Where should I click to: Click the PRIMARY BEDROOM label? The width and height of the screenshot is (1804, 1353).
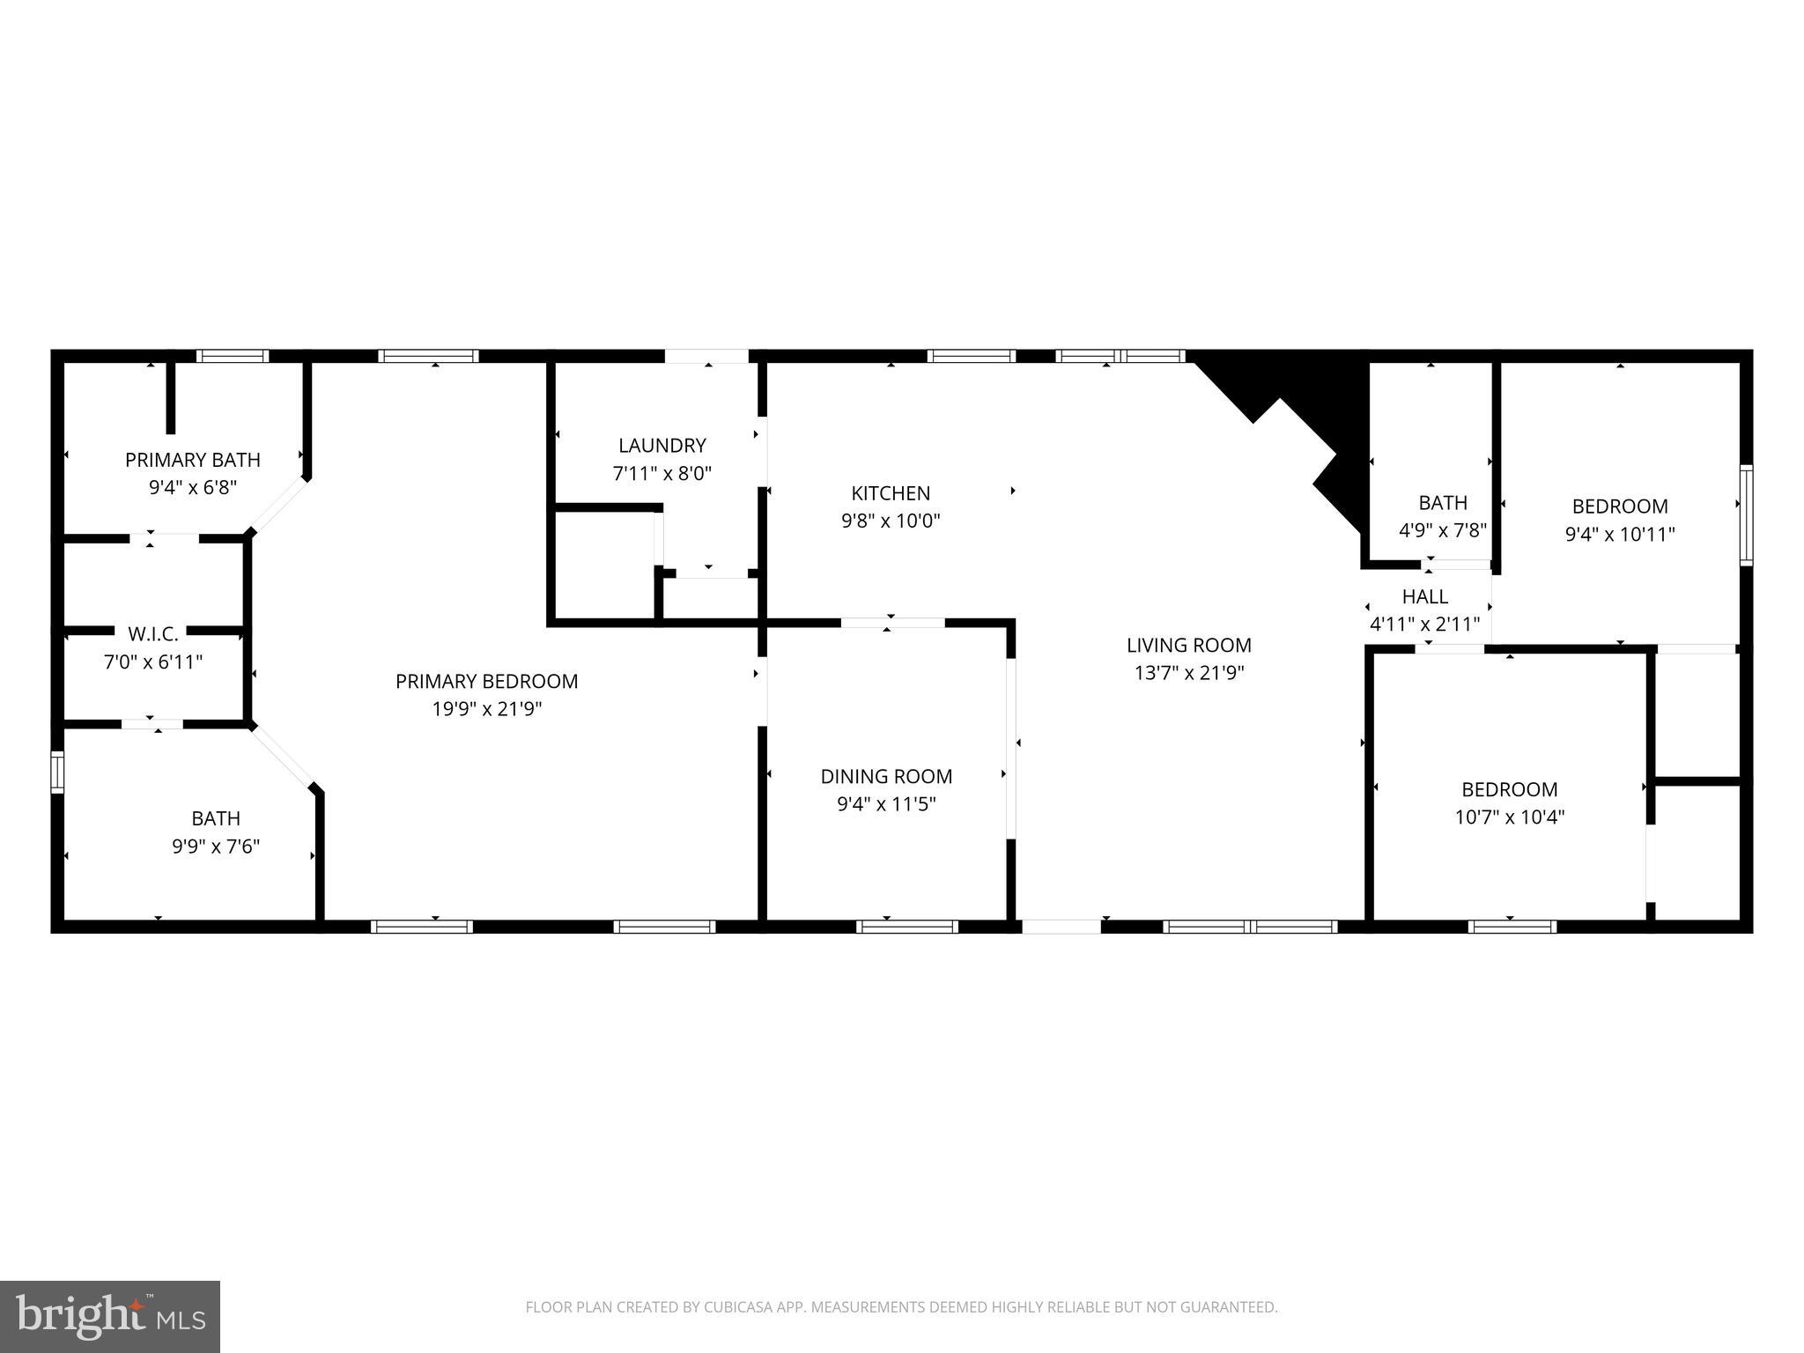[486, 681]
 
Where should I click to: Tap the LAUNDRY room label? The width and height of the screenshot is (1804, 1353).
[662, 446]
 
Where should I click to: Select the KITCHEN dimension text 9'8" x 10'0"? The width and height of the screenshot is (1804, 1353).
[891, 521]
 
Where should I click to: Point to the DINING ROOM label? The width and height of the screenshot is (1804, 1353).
[886, 776]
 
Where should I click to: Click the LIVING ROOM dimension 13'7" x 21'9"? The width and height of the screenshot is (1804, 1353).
[1188, 673]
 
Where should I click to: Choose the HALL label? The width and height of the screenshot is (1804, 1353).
[1424, 596]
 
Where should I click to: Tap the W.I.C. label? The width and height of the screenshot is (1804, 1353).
[153, 634]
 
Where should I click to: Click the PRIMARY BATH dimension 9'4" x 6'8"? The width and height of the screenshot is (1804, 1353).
[193, 487]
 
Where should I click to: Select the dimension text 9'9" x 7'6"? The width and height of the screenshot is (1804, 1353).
[216, 847]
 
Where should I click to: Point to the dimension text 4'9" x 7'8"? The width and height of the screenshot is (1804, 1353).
[1442, 530]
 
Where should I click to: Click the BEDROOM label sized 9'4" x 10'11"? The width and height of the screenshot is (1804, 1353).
[1619, 506]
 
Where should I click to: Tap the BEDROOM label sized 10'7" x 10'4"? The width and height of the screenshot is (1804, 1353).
[1509, 789]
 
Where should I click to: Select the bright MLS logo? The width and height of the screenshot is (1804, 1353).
[109, 1315]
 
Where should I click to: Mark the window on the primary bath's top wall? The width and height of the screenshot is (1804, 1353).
[232, 357]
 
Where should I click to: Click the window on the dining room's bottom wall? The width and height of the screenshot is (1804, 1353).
[906, 927]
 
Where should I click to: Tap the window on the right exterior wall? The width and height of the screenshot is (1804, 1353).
[1745, 514]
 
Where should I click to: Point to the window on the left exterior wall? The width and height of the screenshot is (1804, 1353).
[58, 772]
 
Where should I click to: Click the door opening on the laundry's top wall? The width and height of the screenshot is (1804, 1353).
[706, 357]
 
